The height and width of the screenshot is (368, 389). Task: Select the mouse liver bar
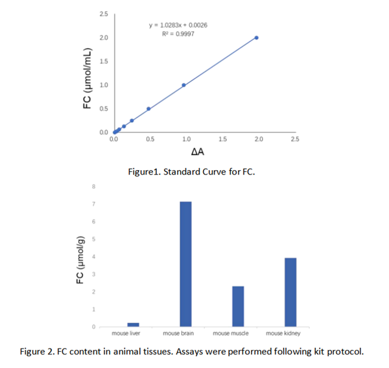(133, 325)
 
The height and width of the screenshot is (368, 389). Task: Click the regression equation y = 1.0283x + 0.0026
(178, 25)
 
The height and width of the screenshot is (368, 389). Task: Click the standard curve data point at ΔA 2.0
(256, 38)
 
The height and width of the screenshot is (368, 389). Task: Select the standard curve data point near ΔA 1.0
(184, 85)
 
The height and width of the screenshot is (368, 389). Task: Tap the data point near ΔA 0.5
(148, 108)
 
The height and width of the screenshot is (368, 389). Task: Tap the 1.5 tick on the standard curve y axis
(104, 62)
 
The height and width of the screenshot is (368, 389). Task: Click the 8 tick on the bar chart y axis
(94, 187)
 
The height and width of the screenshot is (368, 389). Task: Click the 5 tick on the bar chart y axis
(94, 239)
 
